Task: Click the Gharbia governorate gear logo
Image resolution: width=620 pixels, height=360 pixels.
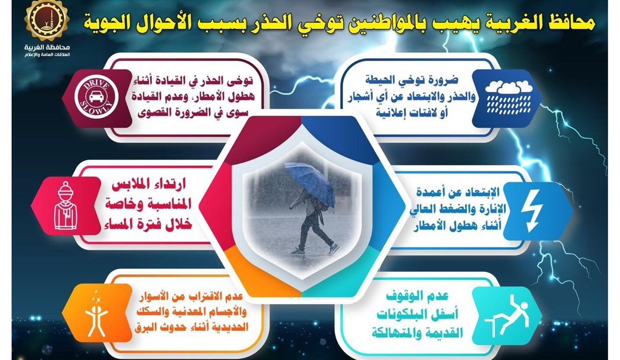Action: click(46, 20)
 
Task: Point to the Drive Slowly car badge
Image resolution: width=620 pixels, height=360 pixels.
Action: click(97, 98)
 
